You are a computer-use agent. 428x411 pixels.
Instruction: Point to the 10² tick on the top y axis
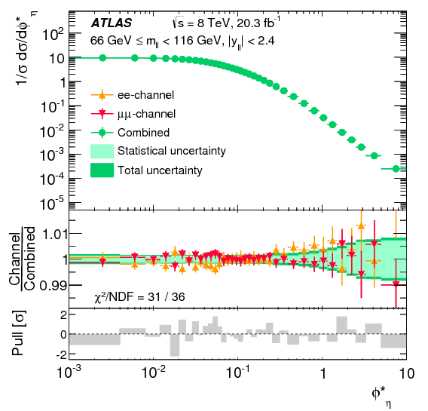coord(50,34)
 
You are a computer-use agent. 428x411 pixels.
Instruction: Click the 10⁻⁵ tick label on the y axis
coord(50,204)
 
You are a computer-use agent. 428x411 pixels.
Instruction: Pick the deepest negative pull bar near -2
coord(175,345)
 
